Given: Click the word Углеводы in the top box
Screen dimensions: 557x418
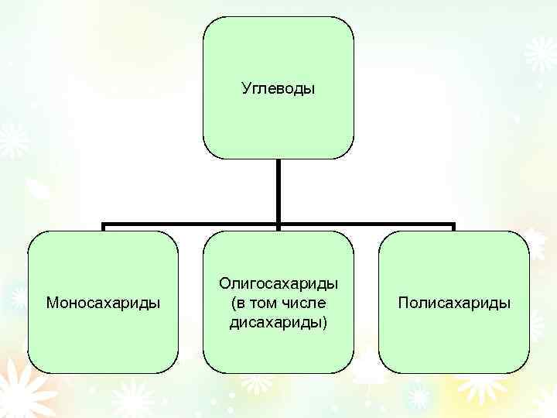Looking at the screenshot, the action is point(278,90).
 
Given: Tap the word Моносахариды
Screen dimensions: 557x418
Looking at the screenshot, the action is point(103,302).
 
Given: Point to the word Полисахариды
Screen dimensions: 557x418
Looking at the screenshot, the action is point(454,302).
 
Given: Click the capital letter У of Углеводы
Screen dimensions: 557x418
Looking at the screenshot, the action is point(245,90).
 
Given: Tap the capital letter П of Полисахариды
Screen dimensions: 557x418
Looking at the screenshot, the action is point(402,302).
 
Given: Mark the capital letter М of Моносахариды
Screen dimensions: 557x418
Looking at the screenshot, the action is point(52,302).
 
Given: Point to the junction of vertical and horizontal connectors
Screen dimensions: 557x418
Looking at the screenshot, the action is point(278,226).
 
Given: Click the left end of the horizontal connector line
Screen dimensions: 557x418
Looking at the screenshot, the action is point(104,227).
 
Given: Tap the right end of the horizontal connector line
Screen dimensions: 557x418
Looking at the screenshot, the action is point(453,227).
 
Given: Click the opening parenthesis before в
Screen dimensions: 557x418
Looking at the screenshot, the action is point(233,303).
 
